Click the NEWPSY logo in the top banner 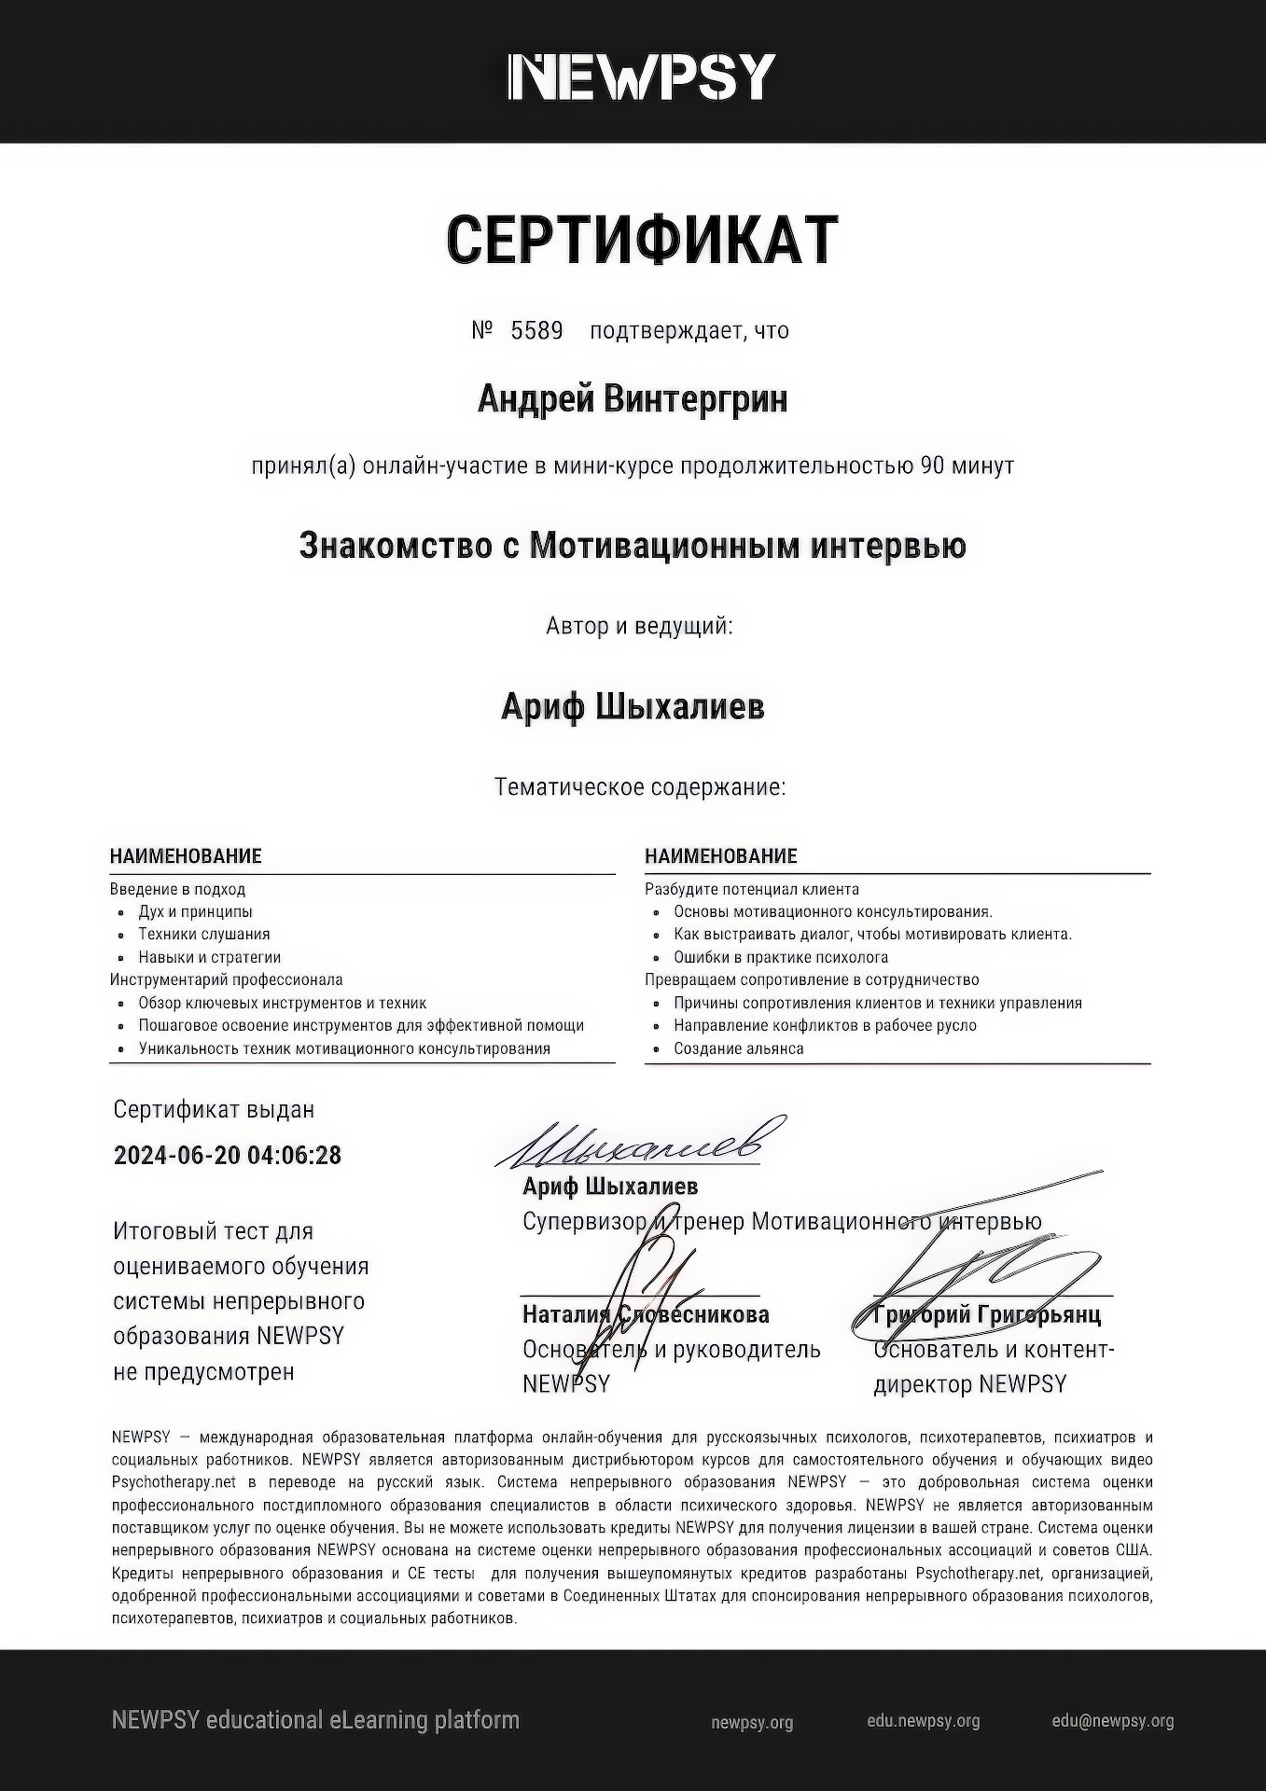(641, 76)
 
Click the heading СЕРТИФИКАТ (642, 239)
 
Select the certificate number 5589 (536, 331)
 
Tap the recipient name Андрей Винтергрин (633, 399)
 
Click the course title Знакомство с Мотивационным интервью (633, 546)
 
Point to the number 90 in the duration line (932, 465)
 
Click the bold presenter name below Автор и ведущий (633, 707)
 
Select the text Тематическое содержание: (640, 787)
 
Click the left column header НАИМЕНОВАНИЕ (186, 856)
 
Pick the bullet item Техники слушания (204, 935)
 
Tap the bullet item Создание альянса (739, 1048)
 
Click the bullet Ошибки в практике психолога (781, 957)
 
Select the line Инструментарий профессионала (227, 979)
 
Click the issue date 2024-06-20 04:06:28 (228, 1156)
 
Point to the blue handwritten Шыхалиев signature (640, 1144)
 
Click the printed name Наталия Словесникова (646, 1315)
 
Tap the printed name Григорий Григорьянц (987, 1315)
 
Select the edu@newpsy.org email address (1113, 1721)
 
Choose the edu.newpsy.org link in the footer (924, 1721)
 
